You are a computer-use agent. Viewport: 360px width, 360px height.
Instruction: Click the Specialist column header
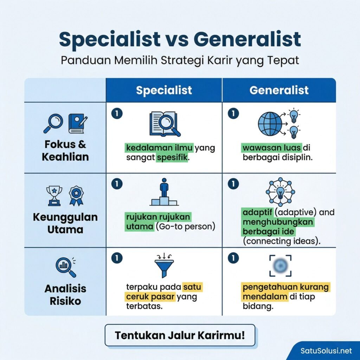pyautogui.click(x=164, y=90)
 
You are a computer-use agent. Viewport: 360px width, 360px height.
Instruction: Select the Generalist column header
pyautogui.click(x=279, y=90)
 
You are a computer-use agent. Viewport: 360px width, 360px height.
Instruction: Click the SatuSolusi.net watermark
pyautogui.click(x=326, y=351)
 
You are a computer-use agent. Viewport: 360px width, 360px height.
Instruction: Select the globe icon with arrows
pyautogui.click(x=270, y=123)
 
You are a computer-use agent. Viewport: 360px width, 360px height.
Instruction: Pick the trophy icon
pyautogui.click(x=54, y=195)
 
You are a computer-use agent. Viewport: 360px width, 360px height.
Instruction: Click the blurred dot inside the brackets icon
pyautogui.click(x=280, y=266)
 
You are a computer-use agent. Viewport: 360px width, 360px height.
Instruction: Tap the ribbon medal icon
pyautogui.click(x=76, y=195)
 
